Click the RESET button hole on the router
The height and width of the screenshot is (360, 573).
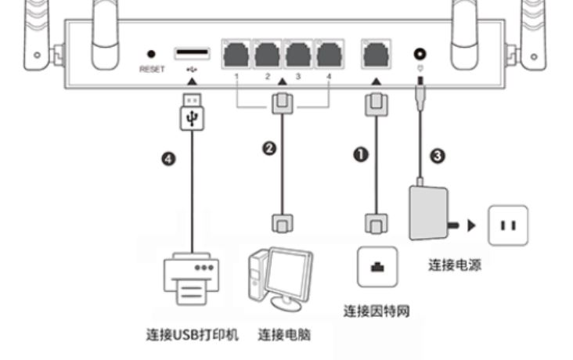tap(151, 54)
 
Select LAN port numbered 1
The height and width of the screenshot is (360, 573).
tap(236, 55)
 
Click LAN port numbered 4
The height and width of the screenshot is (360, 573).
tap(330, 55)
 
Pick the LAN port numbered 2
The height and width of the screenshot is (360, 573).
tap(268, 55)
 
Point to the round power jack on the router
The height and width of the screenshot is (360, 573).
tap(420, 55)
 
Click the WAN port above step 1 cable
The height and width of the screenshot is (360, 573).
tap(377, 55)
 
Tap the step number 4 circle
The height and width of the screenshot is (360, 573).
tap(169, 159)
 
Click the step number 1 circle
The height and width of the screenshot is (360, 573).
tap(361, 155)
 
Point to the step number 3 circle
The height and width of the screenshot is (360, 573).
tap(438, 156)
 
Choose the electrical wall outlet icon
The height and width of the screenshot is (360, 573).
tap(508, 225)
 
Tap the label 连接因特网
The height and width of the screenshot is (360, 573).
tap(377, 311)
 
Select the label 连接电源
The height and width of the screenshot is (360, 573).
tap(454, 265)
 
